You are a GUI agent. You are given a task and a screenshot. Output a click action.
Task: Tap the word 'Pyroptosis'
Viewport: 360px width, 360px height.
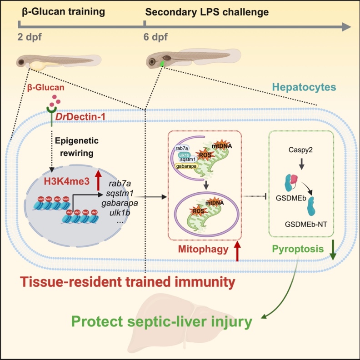295,249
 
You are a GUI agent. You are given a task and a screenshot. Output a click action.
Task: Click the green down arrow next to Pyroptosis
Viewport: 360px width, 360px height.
333,251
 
